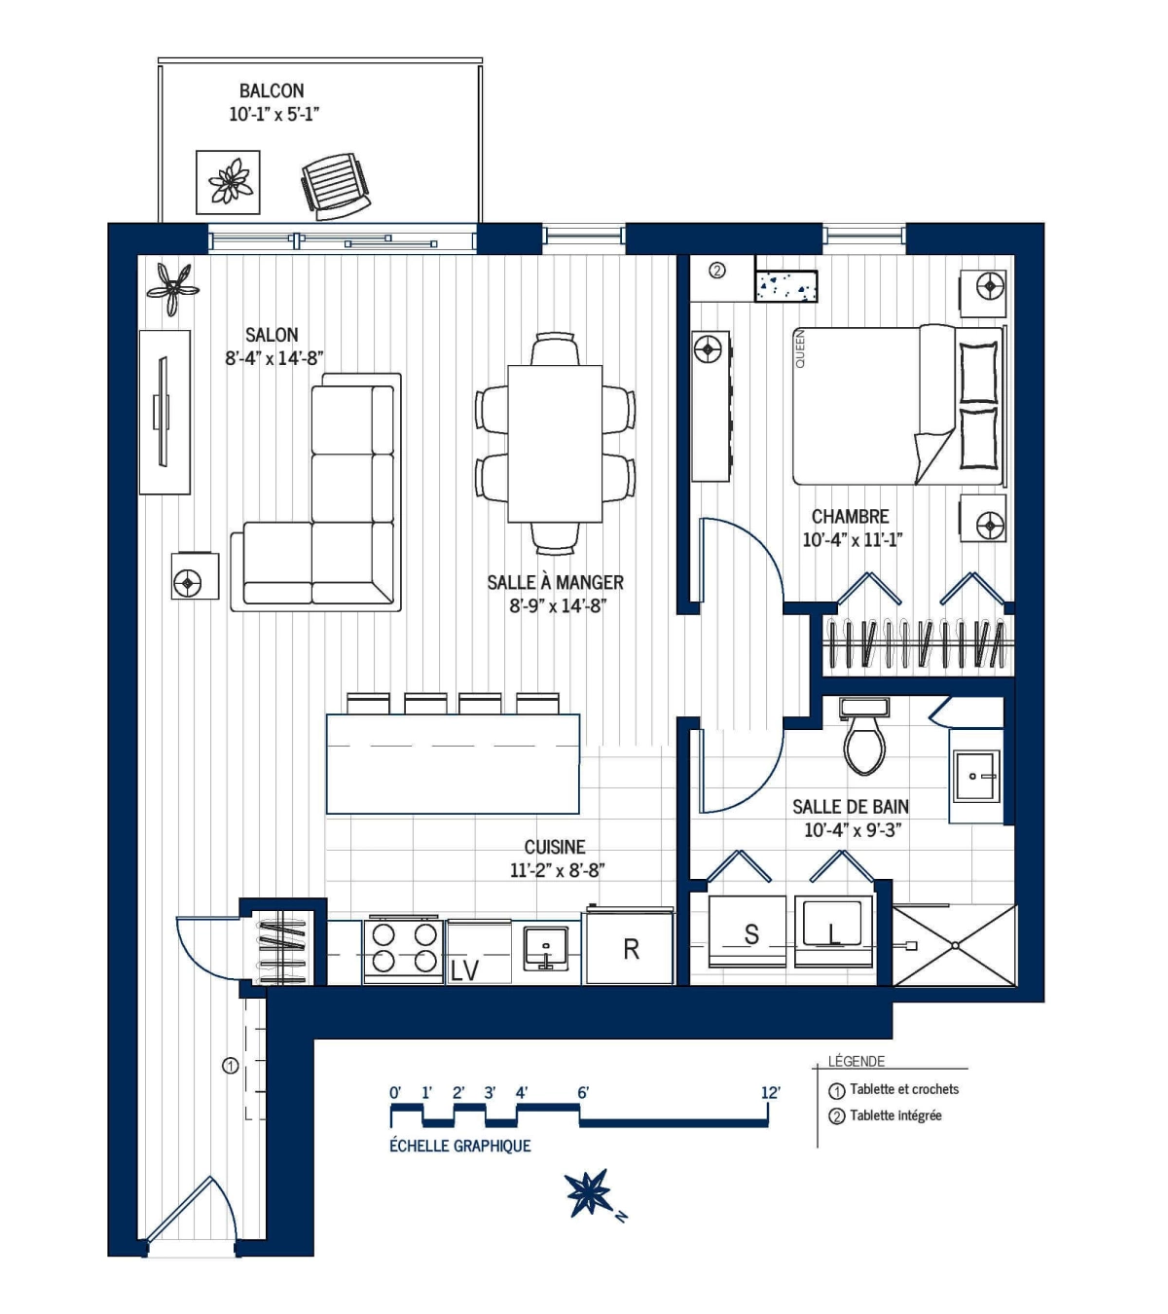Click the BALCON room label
(x=272, y=91)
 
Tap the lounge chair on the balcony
(x=335, y=182)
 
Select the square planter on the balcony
(x=229, y=182)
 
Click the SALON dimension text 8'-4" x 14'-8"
(x=274, y=358)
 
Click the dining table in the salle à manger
(x=555, y=444)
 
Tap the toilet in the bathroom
(x=864, y=740)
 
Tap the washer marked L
(x=833, y=933)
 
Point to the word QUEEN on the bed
(x=801, y=348)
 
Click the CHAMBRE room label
(x=850, y=517)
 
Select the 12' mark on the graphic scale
(x=770, y=1093)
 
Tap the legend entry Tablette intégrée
(x=894, y=1115)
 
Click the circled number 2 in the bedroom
(x=717, y=271)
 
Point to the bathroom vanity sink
(x=975, y=776)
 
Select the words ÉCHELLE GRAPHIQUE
(x=460, y=1146)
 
